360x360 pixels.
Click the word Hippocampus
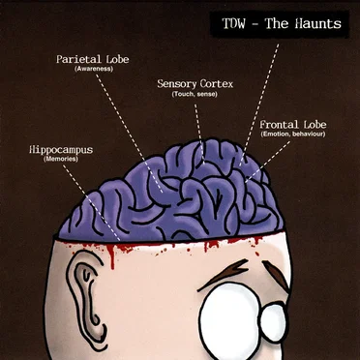tap(61, 150)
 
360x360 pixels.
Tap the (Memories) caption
tap(61, 160)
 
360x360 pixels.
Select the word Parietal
tap(77, 59)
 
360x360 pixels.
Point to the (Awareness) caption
tap(93, 69)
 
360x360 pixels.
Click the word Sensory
tap(177, 84)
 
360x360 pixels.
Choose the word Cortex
tap(217, 84)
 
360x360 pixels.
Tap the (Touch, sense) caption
tap(195, 95)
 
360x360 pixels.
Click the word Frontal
tap(279, 125)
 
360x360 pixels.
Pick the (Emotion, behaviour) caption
tap(292, 134)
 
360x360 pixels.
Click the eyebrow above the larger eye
tap(225, 273)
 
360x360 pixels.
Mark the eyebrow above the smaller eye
tap(276, 274)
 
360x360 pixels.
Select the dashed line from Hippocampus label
tap(91, 202)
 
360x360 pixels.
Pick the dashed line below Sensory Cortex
tap(199, 134)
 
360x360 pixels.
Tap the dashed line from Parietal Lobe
tap(130, 133)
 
